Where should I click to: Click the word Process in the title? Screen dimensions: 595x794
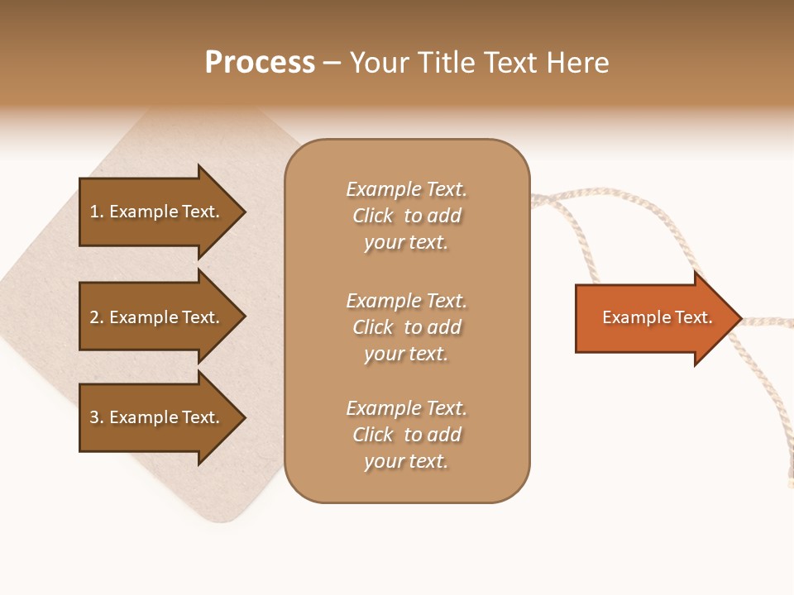pos(260,63)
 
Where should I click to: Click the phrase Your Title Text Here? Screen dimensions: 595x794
pos(480,63)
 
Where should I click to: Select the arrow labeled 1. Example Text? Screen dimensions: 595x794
pos(155,212)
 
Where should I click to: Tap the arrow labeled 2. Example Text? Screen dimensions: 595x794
pos(155,317)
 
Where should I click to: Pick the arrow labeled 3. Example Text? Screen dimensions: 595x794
pos(155,417)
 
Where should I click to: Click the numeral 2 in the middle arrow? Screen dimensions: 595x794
pos(94,317)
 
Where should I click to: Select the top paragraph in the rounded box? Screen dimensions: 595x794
pos(406,216)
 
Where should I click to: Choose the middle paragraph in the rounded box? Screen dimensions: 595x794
pos(406,327)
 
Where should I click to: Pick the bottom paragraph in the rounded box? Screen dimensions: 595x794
pos(406,435)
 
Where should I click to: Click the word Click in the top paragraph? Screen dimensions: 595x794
pos(373,216)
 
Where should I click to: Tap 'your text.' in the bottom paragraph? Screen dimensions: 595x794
pos(406,461)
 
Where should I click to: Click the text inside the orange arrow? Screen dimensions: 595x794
pos(657,317)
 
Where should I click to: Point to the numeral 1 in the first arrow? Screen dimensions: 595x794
pos(94,212)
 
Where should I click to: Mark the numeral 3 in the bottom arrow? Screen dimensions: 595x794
pos(94,417)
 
